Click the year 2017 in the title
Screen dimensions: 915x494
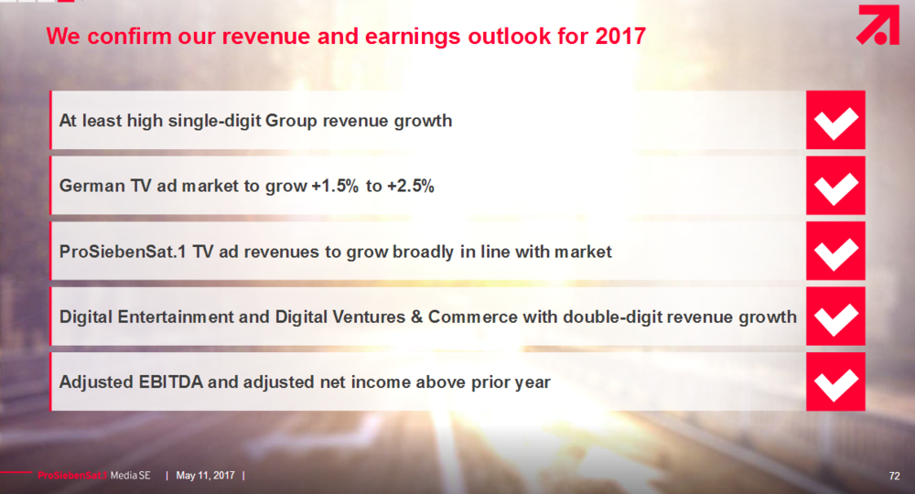(620, 37)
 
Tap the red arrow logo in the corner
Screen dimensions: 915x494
(877, 25)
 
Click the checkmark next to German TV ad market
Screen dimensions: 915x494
(835, 186)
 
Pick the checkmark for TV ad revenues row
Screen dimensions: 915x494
(835, 252)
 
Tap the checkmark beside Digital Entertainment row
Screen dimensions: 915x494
(835, 317)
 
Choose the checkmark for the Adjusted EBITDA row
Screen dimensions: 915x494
(835, 382)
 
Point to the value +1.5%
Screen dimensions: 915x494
(335, 186)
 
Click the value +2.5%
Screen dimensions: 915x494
(411, 186)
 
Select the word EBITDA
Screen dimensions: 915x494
(171, 382)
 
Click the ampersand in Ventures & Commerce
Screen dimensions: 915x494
(416, 317)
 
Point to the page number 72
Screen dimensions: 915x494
(894, 476)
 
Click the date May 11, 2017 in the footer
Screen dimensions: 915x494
(205, 476)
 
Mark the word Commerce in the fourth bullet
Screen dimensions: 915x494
(473, 317)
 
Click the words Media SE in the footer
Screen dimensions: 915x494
(130, 476)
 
